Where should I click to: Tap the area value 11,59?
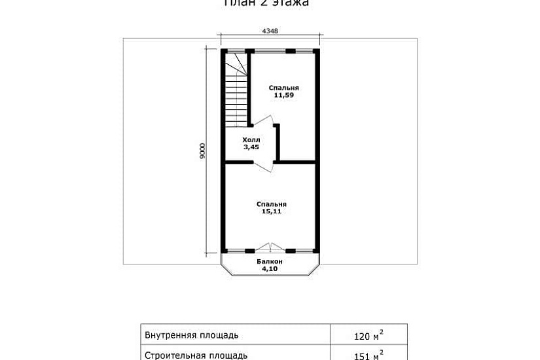(283, 96)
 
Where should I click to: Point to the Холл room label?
(251, 140)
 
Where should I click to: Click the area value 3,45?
(251, 147)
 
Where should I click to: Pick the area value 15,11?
(272, 211)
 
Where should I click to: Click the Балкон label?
(269, 261)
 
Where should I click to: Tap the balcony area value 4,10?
(269, 268)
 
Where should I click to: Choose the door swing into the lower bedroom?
(264, 166)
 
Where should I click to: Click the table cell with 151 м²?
(367, 355)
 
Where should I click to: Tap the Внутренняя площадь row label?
(190, 336)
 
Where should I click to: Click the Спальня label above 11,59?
(283, 88)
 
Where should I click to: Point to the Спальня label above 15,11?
(272, 204)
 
